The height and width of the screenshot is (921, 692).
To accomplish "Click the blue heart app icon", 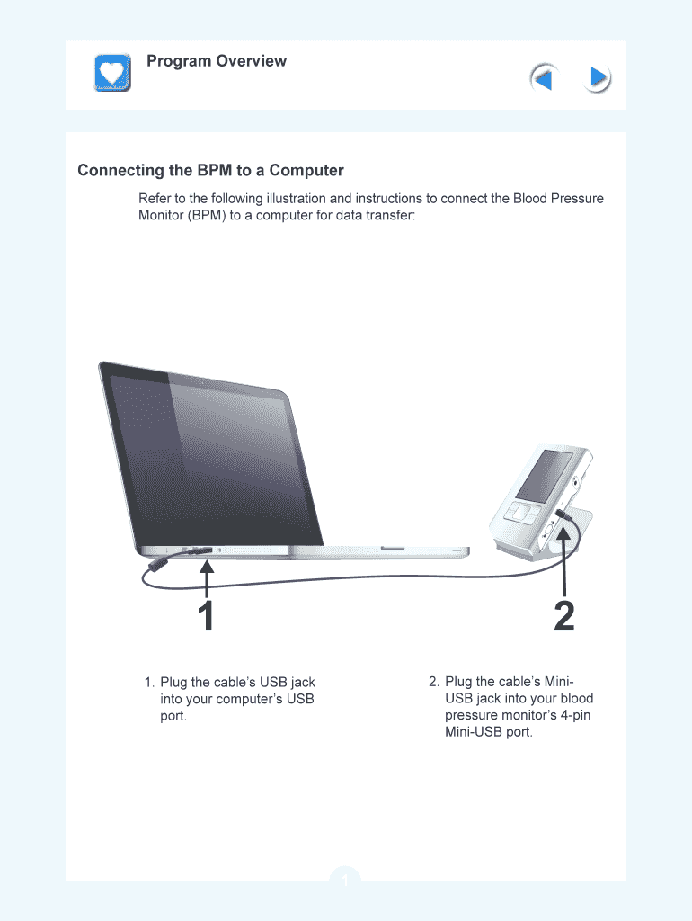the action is tap(112, 73).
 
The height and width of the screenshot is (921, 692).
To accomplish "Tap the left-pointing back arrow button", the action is tap(544, 78).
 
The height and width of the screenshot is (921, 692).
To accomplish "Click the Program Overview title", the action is tap(217, 61).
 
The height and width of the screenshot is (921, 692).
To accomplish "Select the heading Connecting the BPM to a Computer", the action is tap(210, 170).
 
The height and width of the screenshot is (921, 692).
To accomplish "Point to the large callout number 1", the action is tap(206, 615).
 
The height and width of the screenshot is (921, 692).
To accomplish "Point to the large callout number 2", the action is tap(564, 615).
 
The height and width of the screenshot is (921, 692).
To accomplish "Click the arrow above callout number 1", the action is tap(207, 578).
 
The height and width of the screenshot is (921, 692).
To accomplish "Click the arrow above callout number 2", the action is tap(564, 561).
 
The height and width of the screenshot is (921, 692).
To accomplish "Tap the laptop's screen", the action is tap(210, 458).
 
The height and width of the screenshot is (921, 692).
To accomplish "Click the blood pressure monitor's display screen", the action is tap(544, 476).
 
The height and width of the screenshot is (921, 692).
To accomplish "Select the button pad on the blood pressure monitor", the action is tap(520, 514).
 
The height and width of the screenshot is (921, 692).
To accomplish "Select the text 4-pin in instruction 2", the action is tap(575, 715).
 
